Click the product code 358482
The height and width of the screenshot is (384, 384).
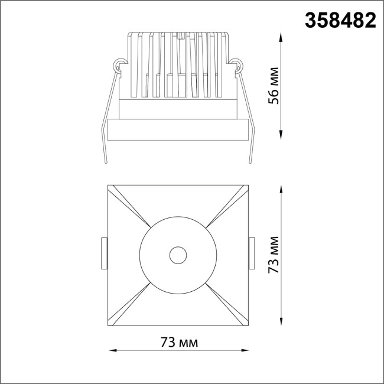[x=340, y=21]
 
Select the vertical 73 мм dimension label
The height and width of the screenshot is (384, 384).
[x=273, y=255]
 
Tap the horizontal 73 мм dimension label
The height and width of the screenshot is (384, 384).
[x=179, y=343]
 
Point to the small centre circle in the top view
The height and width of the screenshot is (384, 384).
[x=177, y=255]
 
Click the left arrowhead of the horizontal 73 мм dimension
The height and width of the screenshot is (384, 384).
[x=110, y=351]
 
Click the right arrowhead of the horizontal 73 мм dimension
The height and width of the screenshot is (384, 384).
[x=246, y=351]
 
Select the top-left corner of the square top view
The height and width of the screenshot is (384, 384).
[x=108, y=186]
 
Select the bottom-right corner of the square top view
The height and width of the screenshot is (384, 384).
[x=248, y=326]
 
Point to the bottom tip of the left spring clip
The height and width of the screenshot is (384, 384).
[x=105, y=163]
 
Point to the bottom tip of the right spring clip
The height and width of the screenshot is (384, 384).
[x=250, y=163]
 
